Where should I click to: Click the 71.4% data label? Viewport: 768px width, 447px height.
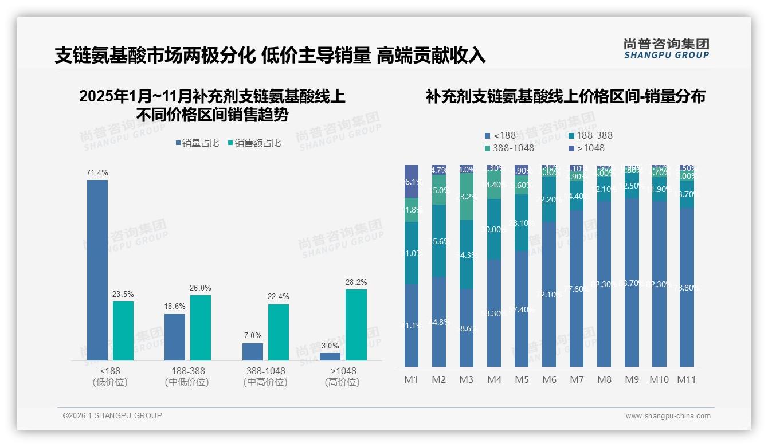[x=97, y=172]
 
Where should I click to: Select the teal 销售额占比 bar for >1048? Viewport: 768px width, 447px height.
[x=356, y=324]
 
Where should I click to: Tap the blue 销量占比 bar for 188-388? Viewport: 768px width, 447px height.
[x=175, y=337]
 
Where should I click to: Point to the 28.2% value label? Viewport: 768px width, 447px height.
[x=356, y=282]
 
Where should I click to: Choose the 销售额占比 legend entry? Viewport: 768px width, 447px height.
[x=255, y=143]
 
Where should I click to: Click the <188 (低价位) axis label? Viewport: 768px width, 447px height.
[x=109, y=377]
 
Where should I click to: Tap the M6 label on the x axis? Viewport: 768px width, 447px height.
[x=549, y=379]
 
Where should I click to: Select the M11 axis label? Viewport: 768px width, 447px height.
[x=687, y=379]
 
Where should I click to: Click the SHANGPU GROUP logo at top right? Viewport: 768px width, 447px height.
[x=666, y=49]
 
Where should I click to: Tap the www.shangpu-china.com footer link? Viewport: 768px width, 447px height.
[x=668, y=416]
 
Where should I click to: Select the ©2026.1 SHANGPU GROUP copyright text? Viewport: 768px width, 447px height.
[x=112, y=415]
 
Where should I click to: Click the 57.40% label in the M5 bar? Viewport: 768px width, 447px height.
[x=522, y=310]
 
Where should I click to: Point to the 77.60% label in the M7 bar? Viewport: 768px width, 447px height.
[x=577, y=289]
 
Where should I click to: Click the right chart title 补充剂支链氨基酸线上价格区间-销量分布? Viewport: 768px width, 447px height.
[x=565, y=96]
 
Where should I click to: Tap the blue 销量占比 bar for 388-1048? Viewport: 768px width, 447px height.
[x=253, y=351]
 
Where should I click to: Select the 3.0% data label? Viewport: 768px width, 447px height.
[x=330, y=346]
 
